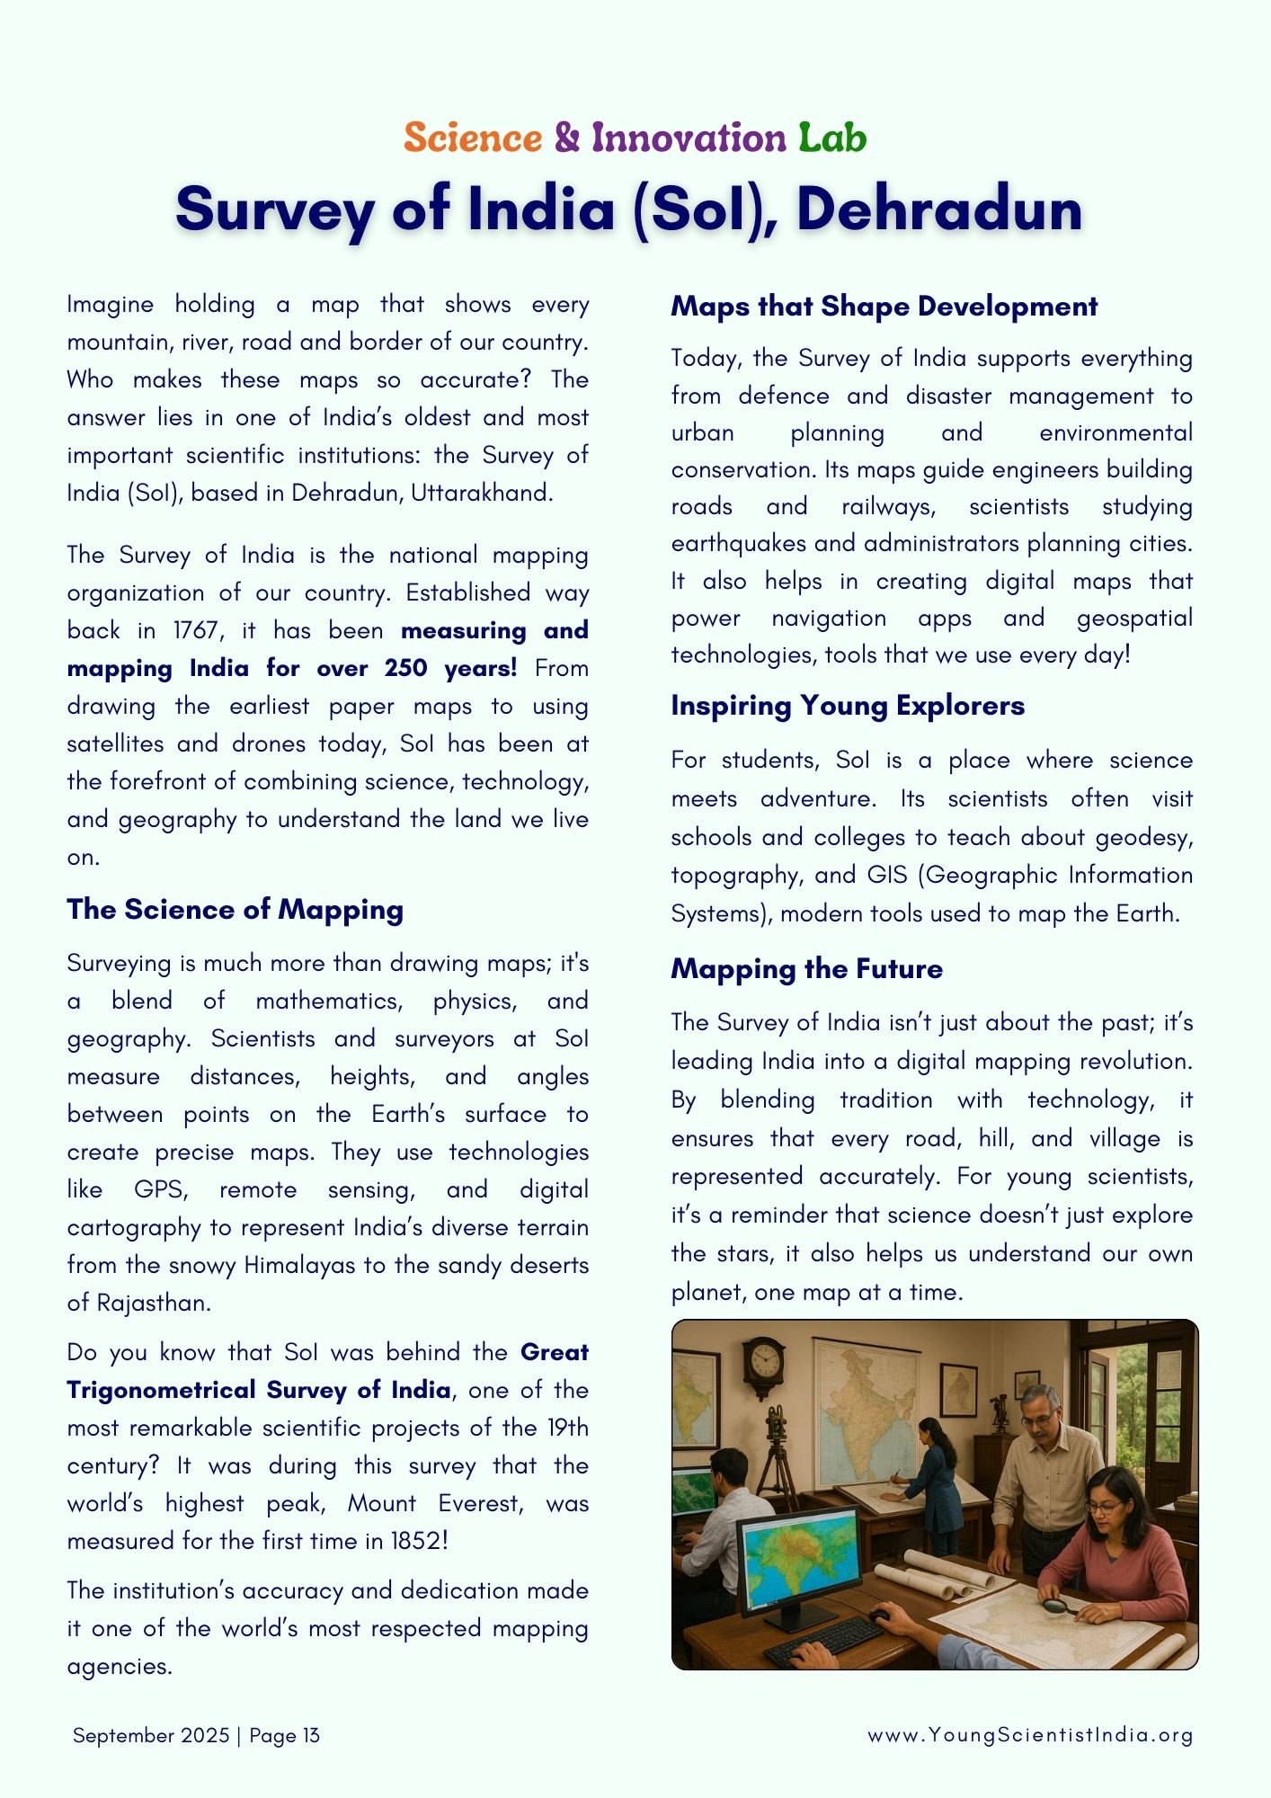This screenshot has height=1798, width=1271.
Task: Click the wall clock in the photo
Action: [x=764, y=1359]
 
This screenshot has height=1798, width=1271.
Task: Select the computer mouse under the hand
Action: [x=881, y=1615]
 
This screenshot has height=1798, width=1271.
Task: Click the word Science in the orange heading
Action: [x=473, y=138]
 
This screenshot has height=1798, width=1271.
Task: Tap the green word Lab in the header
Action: [x=832, y=138]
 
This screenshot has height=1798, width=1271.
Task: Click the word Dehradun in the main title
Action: [x=939, y=209]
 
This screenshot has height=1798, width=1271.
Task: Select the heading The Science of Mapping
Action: [x=235, y=909]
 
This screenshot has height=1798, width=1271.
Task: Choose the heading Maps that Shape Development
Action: [x=884, y=306]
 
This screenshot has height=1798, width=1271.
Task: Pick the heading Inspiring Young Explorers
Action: [x=847, y=706]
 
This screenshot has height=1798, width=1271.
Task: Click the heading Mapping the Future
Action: [x=806, y=968]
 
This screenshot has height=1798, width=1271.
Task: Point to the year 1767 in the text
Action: [x=195, y=630]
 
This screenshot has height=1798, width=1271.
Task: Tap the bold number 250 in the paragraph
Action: [x=405, y=668]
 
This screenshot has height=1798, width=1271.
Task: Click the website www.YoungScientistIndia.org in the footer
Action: [x=1030, y=1735]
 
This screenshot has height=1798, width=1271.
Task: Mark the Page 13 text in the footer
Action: [x=284, y=1735]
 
